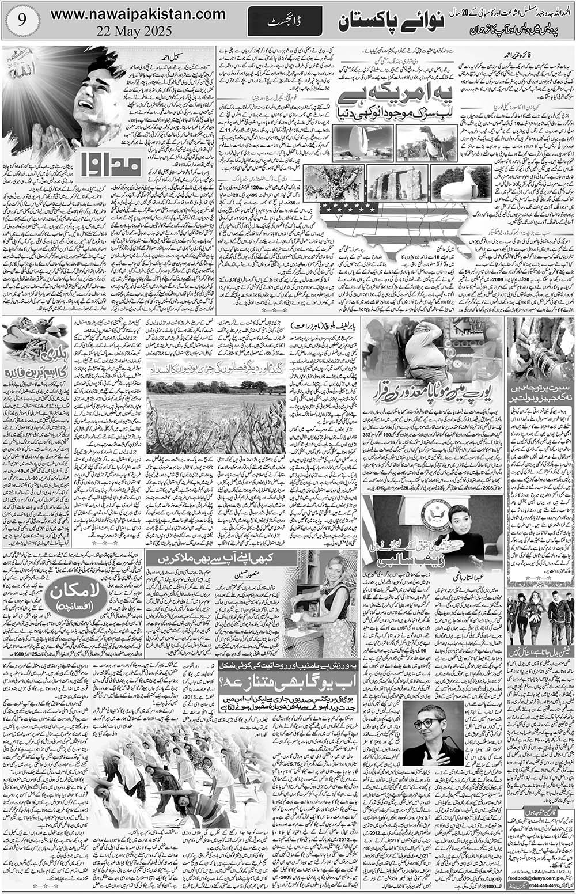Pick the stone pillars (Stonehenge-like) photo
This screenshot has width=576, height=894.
pyautogui.click(x=396, y=184)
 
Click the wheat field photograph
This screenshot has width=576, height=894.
pyautogui.click(x=214, y=410)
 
